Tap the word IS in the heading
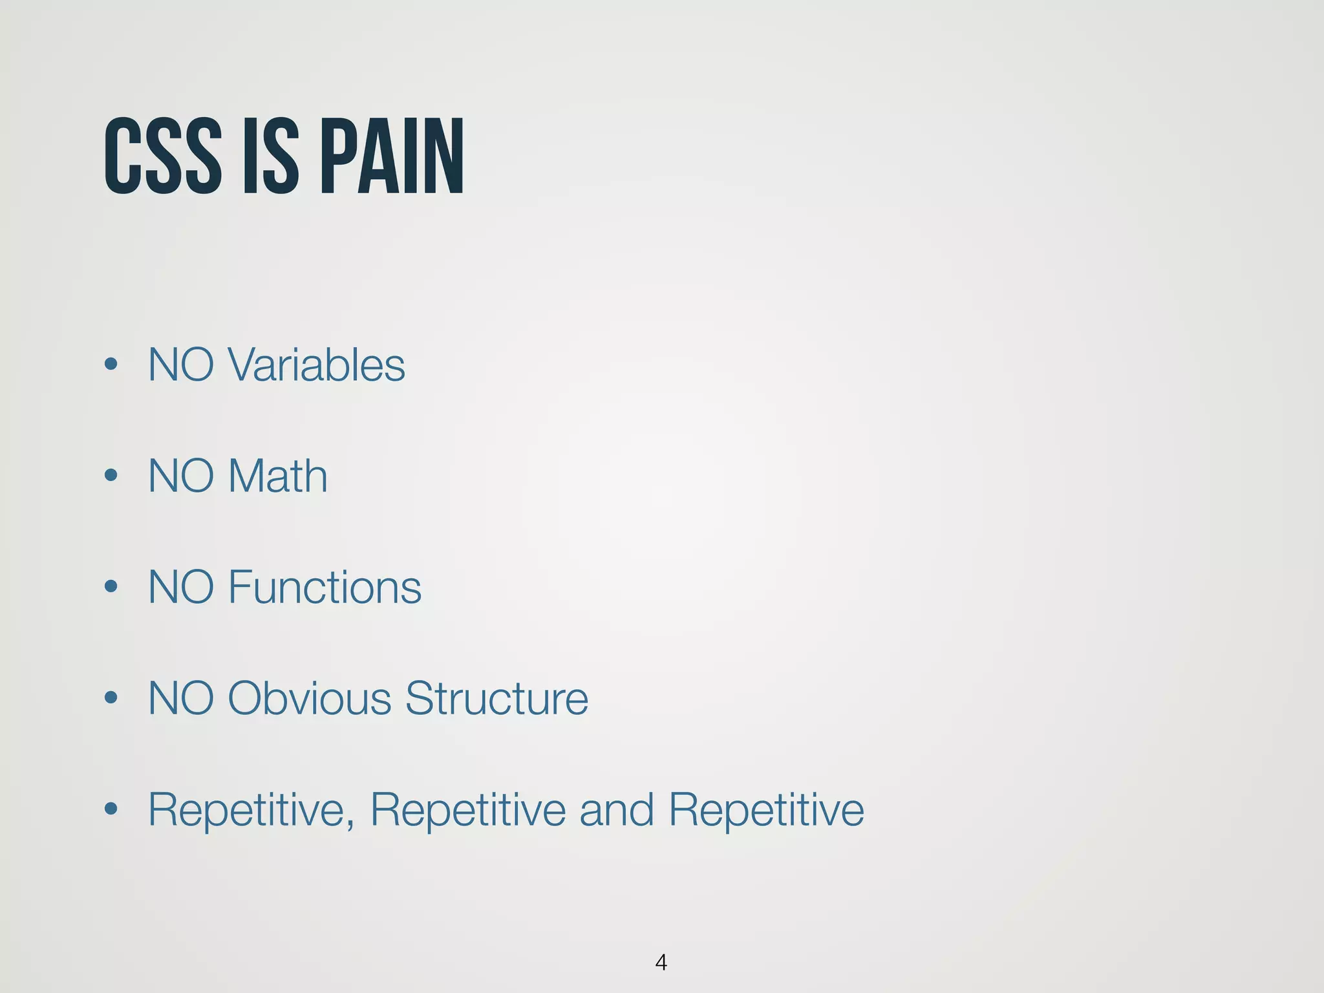click(271, 156)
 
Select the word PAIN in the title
click(392, 156)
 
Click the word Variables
click(316, 365)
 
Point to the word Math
click(277, 476)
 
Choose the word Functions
click(325, 587)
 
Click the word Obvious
click(310, 698)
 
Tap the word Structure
click(496, 698)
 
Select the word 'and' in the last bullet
click(616, 809)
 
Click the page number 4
click(661, 962)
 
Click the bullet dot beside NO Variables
click(111, 365)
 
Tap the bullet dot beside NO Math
click(111, 476)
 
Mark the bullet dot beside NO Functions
click(111, 587)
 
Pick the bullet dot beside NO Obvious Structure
click(111, 698)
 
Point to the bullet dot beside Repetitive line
click(111, 809)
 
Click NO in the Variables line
click(181, 365)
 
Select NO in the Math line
click(181, 476)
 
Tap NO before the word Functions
click(181, 587)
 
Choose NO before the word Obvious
click(181, 698)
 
